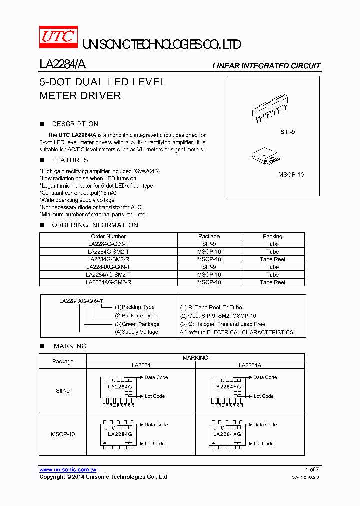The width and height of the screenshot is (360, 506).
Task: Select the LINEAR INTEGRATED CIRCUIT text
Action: point(266,66)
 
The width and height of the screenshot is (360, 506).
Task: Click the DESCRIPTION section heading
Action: point(75,124)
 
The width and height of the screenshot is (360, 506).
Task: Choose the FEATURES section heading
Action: point(70,160)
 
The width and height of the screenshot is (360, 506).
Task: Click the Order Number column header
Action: point(108,236)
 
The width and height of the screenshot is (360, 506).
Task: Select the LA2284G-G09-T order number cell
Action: point(108,244)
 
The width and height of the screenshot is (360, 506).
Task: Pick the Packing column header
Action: point(272,236)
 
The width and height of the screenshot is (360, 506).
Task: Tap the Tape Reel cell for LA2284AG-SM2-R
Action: point(272,282)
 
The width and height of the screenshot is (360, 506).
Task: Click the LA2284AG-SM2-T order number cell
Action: point(108,275)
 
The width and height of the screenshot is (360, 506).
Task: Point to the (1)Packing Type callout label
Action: point(135,307)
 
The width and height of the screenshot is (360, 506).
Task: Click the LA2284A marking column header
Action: point(249,365)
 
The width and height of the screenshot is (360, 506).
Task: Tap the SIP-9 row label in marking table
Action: point(63,391)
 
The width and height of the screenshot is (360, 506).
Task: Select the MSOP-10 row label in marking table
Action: point(63,434)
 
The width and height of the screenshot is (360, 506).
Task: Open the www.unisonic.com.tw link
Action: point(68,470)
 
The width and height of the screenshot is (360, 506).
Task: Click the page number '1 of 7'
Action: point(312,469)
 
